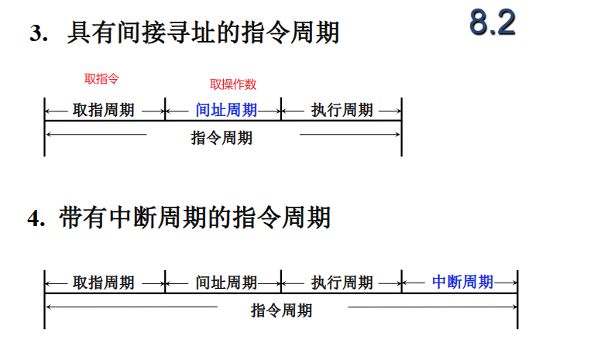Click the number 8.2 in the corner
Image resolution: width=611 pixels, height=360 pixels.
[x=492, y=24]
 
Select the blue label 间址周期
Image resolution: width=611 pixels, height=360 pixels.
[x=226, y=110]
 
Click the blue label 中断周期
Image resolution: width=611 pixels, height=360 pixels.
[x=462, y=282]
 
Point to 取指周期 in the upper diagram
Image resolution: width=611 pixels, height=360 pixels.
[x=104, y=110]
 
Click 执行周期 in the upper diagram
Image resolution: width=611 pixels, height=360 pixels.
[x=342, y=110]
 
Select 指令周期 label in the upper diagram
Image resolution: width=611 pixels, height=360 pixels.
[x=221, y=139]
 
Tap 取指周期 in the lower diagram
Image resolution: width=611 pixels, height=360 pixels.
[x=104, y=283]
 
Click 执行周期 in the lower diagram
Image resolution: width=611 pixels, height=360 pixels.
[x=342, y=283]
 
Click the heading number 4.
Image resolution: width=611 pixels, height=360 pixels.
[x=36, y=219]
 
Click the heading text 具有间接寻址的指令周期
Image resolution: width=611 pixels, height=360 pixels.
[x=203, y=34]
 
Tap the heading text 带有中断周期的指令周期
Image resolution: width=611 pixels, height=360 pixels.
[x=194, y=218]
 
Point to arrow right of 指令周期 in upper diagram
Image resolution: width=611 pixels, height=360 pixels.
[x=348, y=135]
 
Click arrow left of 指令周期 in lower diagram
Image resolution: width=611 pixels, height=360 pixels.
[x=132, y=308]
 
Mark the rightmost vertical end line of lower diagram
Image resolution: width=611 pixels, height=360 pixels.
[x=517, y=299]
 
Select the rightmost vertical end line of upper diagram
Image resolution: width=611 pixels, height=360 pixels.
[x=401, y=127]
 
